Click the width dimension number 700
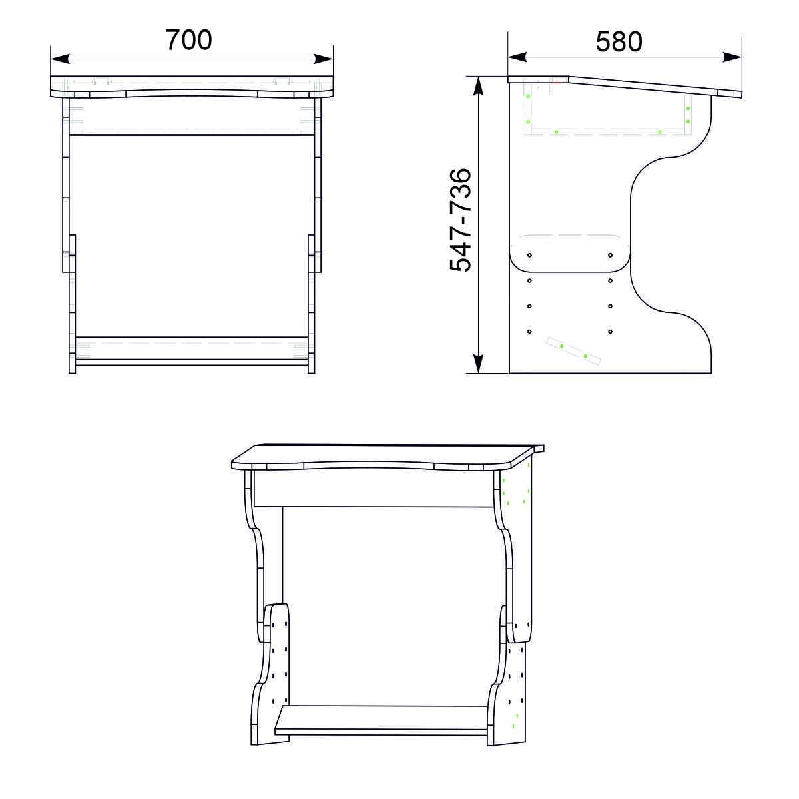click(188, 40)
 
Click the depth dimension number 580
click(619, 41)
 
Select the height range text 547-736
click(461, 220)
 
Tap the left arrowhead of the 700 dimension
click(60, 59)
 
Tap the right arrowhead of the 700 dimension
click(324, 59)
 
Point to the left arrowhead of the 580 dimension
click(517, 57)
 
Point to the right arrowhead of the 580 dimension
click(732, 57)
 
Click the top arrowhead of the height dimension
click(479, 86)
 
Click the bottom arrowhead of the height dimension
click(479, 364)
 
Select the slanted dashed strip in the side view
click(573, 351)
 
